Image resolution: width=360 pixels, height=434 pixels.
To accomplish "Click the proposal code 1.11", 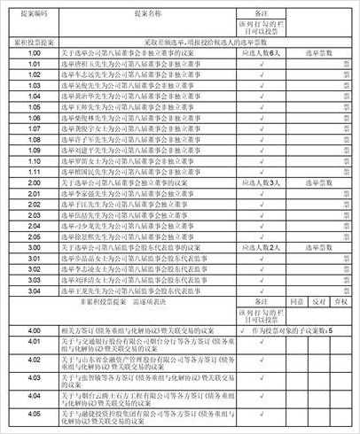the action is (35, 171).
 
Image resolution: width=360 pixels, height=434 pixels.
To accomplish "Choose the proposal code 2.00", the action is (35, 182).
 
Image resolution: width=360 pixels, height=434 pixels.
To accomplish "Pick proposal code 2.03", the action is (35, 213).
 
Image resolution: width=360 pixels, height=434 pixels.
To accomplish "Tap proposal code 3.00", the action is (35, 247).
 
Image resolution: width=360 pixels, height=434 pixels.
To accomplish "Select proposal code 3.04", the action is (35, 290).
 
